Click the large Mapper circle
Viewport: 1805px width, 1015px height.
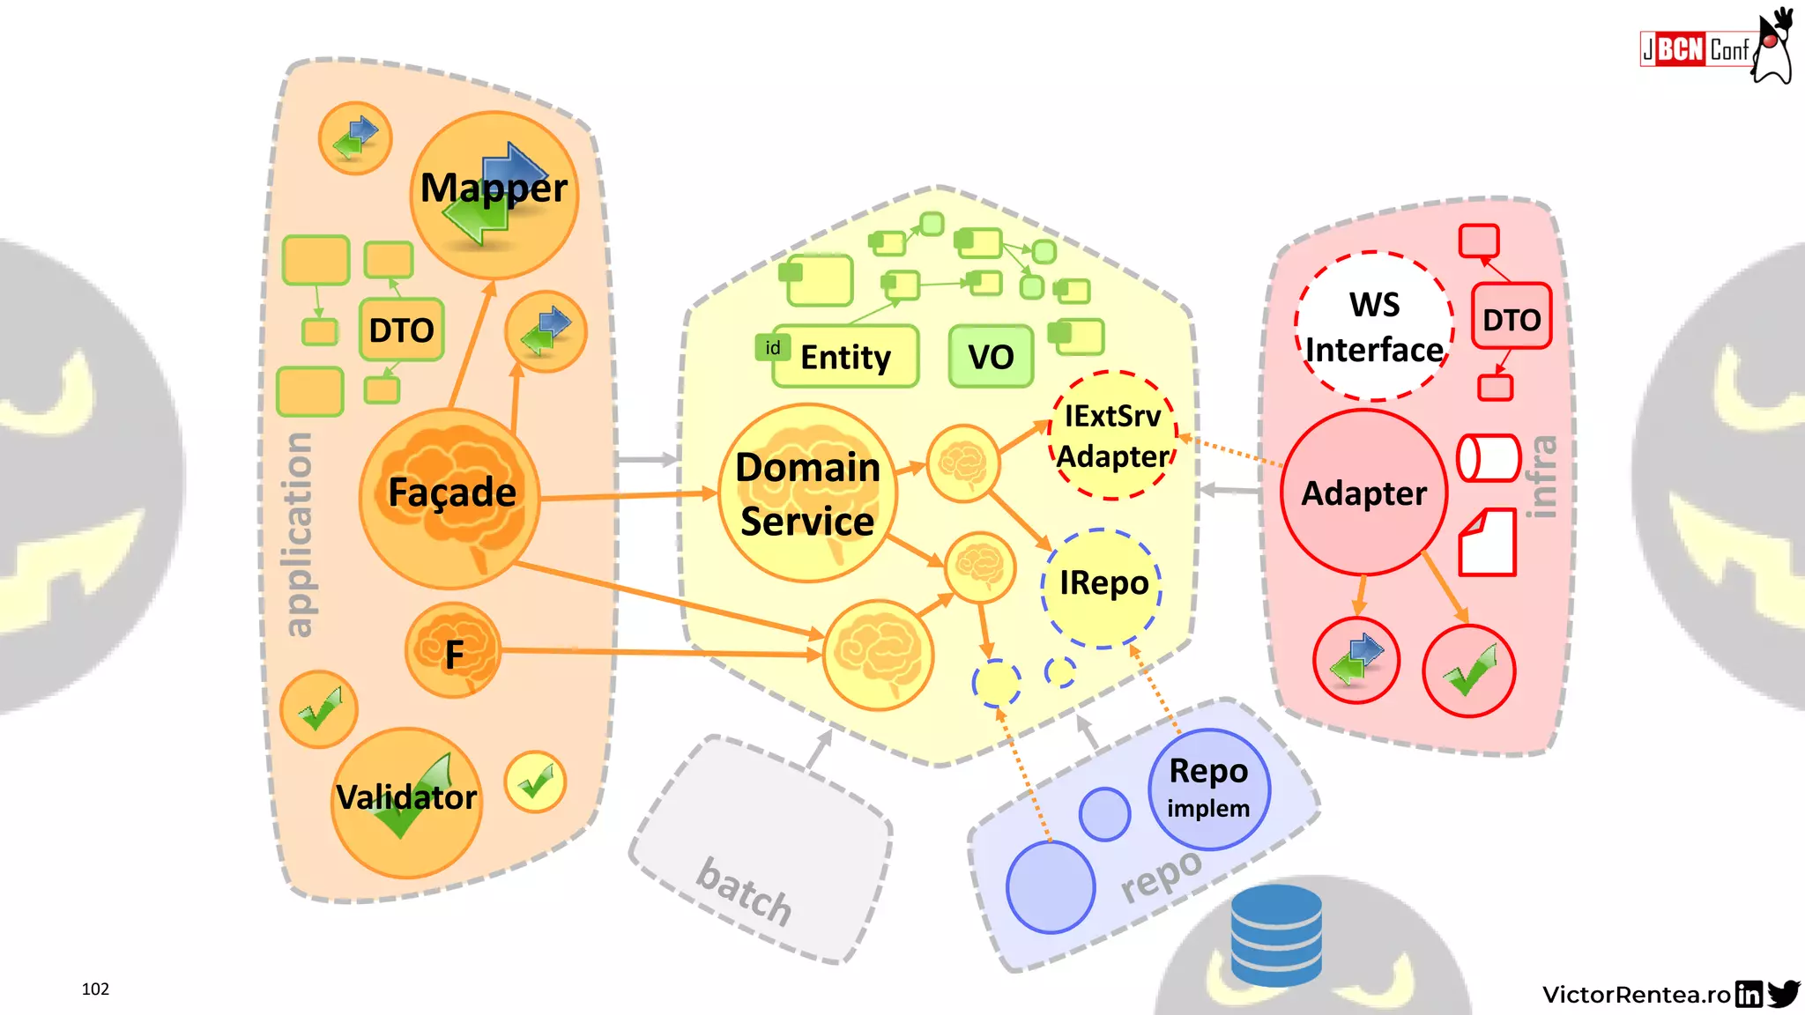[x=494, y=195]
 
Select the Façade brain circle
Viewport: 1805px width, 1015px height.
[x=450, y=498]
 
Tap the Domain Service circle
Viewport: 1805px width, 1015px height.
[x=808, y=493]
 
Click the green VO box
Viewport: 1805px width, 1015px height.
[x=991, y=357]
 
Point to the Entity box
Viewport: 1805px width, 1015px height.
[x=844, y=357]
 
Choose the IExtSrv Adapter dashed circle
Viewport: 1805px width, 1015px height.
[x=1113, y=436]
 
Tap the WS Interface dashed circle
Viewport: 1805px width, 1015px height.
[x=1374, y=326]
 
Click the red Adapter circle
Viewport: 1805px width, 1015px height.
[x=1363, y=493]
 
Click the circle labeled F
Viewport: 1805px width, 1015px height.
[x=454, y=652]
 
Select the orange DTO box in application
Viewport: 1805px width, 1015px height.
[x=401, y=330]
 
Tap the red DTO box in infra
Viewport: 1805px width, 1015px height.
[x=1511, y=317]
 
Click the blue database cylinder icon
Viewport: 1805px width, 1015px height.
[x=1276, y=936]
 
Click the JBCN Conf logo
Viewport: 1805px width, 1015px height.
[x=1694, y=49]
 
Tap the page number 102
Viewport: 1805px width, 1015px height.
[x=95, y=989]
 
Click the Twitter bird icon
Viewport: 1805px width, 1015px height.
[x=1783, y=994]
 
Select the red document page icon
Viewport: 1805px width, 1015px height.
[x=1488, y=542]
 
